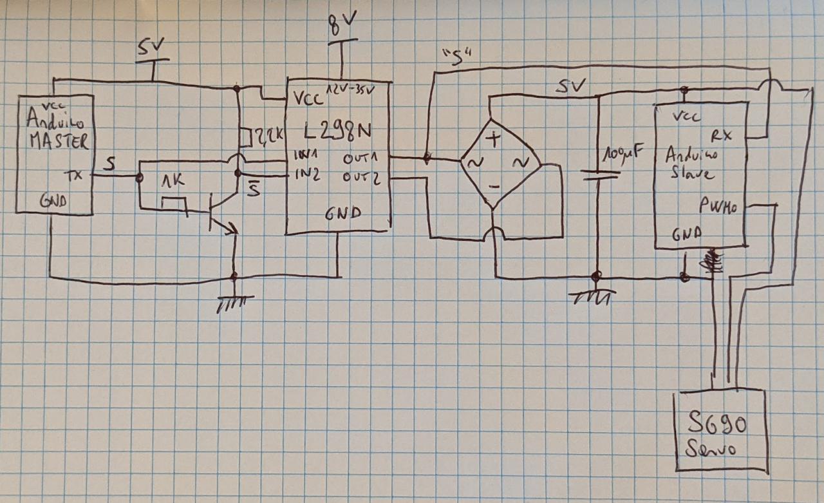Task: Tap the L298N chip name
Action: click(337, 133)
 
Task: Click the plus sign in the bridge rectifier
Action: click(493, 137)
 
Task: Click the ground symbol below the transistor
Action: click(235, 301)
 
